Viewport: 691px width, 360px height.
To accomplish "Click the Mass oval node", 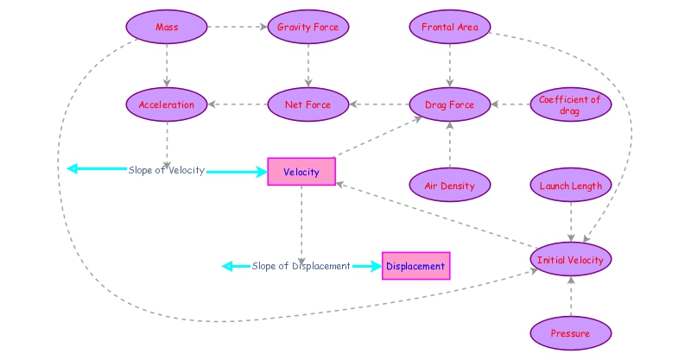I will tap(167, 28).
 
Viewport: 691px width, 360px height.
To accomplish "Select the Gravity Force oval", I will tap(308, 28).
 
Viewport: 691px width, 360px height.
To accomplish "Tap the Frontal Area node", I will tap(449, 28).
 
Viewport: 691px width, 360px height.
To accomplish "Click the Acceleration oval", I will tap(167, 105).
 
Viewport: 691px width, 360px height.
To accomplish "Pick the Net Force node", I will tap(307, 105).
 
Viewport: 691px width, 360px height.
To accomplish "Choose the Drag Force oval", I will tap(449, 105).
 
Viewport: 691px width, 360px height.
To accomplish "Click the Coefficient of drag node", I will tap(570, 105).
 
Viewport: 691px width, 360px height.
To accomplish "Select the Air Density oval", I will tap(449, 186).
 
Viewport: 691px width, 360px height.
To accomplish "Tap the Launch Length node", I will tap(570, 186).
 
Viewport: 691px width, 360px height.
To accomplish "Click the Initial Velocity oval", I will tap(570, 260).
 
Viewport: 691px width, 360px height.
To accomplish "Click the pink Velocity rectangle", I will tap(301, 172).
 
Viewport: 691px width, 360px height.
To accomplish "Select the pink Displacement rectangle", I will tap(415, 266).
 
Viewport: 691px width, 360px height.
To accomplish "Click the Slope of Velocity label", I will tap(167, 170).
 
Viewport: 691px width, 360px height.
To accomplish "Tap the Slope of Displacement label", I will tap(301, 266).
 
